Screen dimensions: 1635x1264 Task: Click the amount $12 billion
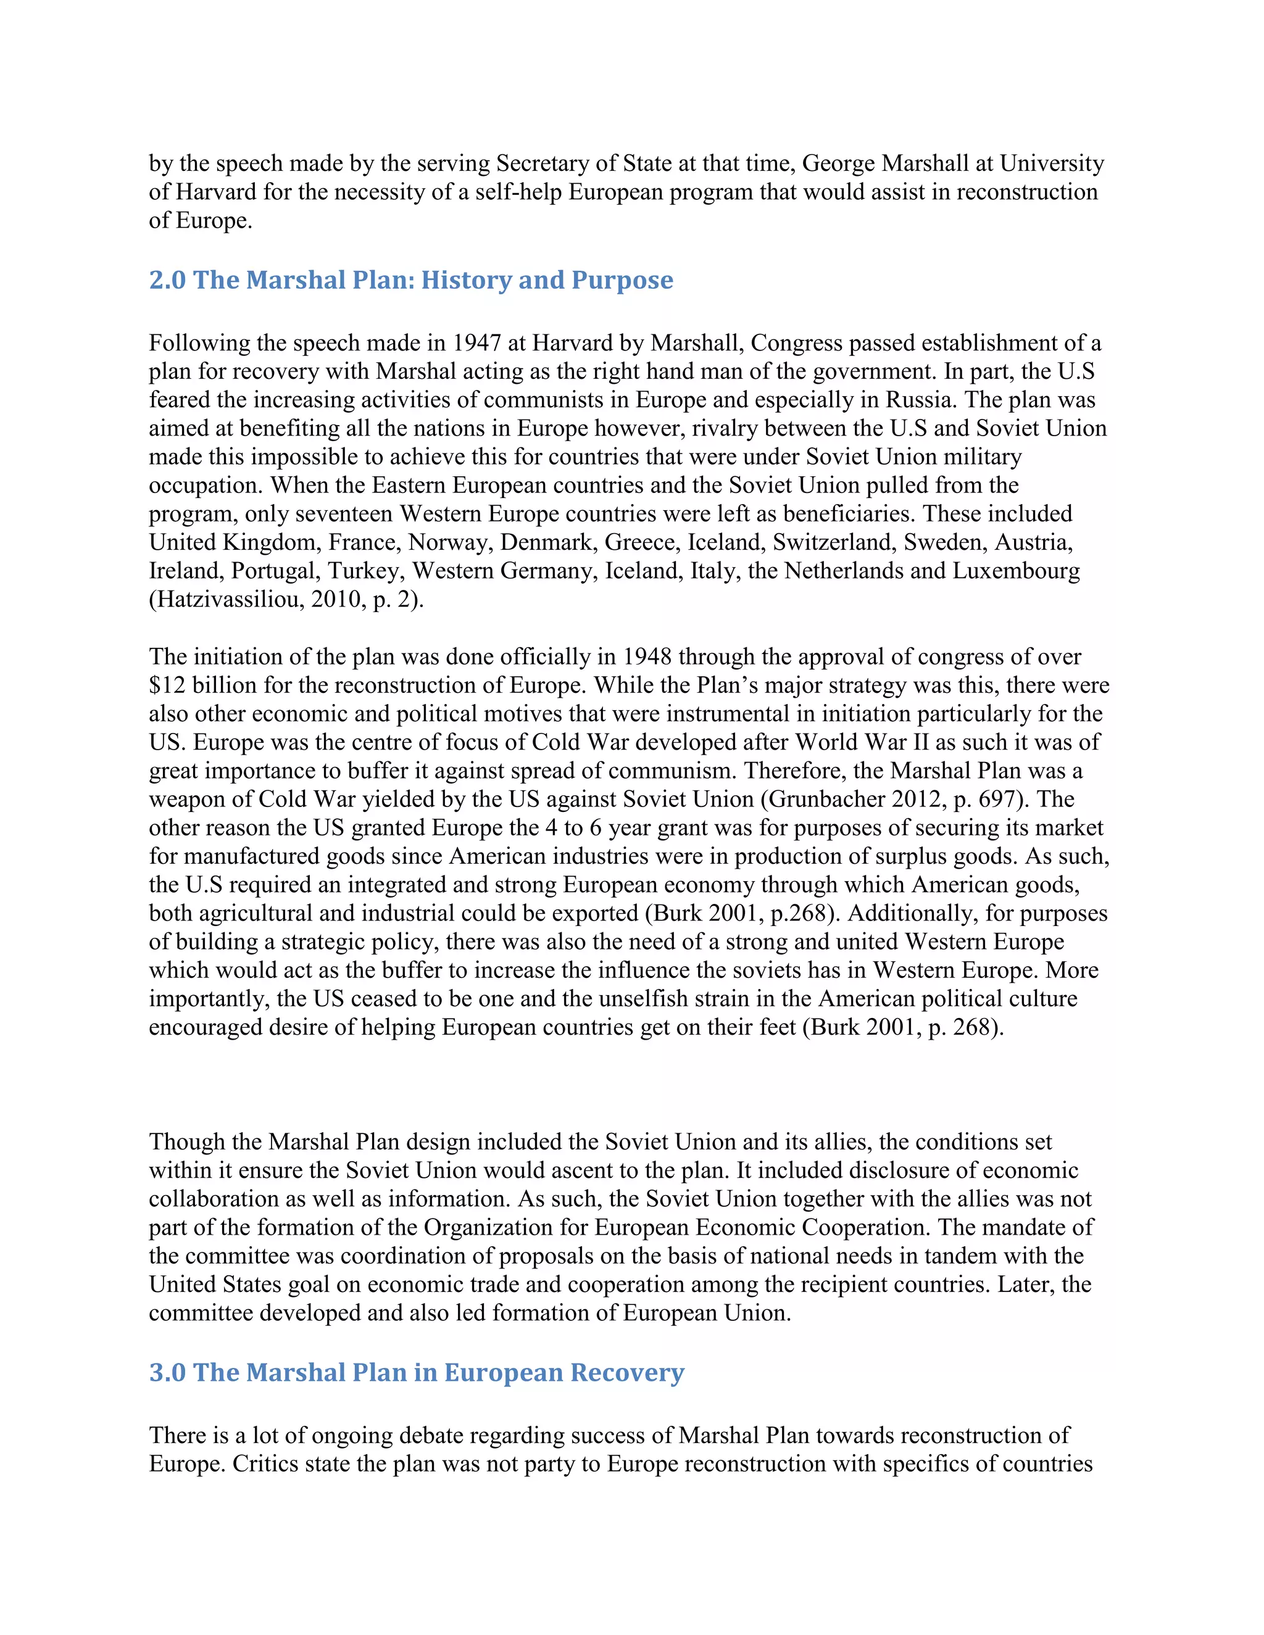pos(201,685)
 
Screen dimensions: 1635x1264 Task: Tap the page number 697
pos(997,799)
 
